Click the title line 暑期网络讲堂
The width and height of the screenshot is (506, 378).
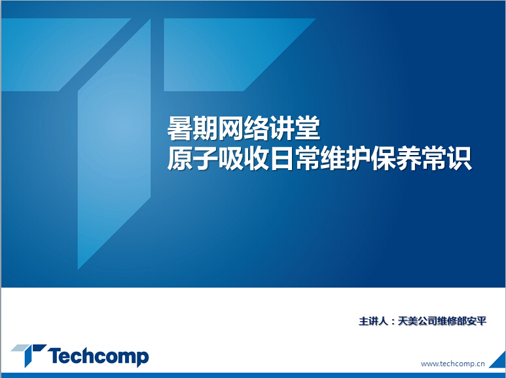coord(244,129)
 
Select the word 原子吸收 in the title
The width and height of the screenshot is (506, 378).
coord(218,159)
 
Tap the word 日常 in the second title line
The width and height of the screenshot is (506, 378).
coord(295,159)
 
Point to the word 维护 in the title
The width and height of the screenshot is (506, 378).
coord(345,159)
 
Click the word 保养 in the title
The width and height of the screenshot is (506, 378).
coord(396,159)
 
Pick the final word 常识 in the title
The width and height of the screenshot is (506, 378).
coord(447,159)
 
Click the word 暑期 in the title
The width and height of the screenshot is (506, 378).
coord(192,129)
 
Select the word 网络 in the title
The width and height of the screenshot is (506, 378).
coord(244,129)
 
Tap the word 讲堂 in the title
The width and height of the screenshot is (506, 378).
coord(295,129)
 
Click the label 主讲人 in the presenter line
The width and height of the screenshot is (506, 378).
coord(373,321)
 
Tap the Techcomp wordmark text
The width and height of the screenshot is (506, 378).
coord(98,356)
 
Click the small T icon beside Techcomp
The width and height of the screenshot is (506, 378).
coord(29,355)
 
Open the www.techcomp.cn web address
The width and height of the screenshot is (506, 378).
coord(453,364)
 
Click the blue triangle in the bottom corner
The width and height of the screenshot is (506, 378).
coord(500,361)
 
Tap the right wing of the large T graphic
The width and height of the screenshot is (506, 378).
coord(226,54)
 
